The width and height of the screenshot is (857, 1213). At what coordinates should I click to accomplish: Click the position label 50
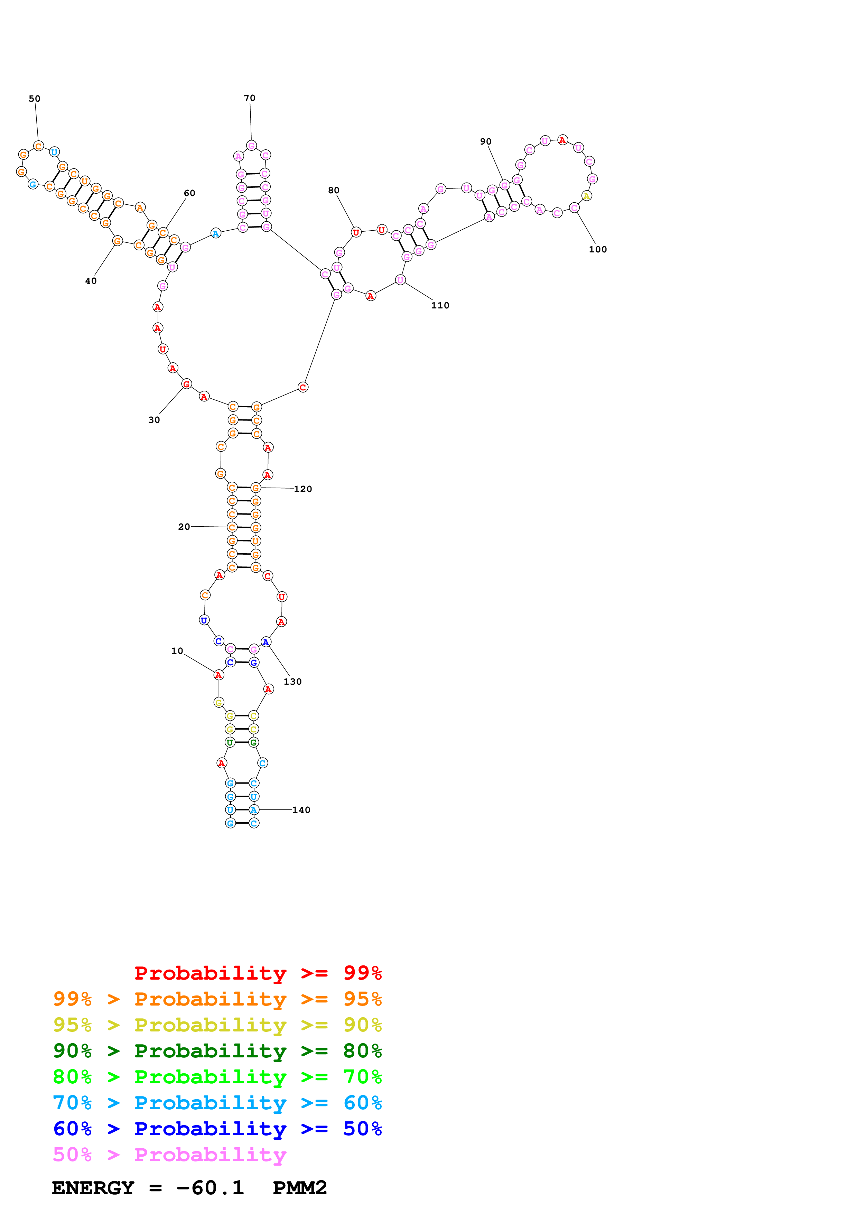click(x=34, y=99)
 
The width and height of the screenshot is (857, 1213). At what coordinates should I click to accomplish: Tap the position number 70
click(x=249, y=98)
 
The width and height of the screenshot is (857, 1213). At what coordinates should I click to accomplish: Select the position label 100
click(x=598, y=249)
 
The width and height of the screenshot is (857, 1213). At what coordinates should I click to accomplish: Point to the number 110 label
click(x=440, y=305)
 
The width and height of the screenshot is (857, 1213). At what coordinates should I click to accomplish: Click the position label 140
click(x=301, y=810)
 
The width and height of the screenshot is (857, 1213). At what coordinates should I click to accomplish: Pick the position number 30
click(x=153, y=420)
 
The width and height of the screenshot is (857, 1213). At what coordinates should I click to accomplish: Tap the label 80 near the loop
click(x=333, y=190)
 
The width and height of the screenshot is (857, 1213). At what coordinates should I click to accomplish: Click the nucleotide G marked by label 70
click(x=251, y=145)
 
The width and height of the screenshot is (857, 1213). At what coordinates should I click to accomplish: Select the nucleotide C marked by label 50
click(x=38, y=146)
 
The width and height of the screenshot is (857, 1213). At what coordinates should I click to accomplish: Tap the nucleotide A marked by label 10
click(x=218, y=675)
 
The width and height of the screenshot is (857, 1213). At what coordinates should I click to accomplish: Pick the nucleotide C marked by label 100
click(x=574, y=207)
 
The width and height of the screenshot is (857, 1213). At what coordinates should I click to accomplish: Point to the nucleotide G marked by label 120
click(x=255, y=488)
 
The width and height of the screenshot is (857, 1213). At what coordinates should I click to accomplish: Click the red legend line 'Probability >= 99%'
click(x=258, y=973)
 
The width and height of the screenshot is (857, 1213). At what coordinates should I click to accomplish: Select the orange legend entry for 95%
click(x=217, y=999)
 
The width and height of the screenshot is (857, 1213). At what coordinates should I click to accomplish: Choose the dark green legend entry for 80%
click(x=217, y=1051)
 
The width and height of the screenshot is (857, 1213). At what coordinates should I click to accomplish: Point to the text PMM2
click(x=299, y=1188)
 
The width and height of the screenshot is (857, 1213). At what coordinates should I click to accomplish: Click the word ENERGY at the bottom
click(x=93, y=1188)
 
